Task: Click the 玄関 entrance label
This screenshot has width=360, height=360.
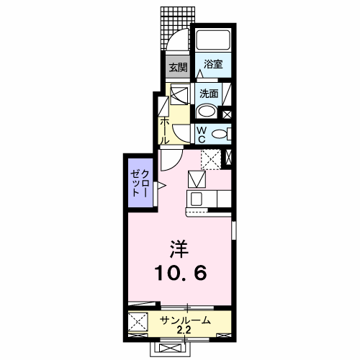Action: [x=177, y=68]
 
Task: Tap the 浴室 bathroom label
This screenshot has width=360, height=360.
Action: [x=212, y=64]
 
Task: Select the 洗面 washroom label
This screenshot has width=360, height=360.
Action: [x=210, y=93]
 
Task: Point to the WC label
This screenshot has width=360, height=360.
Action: [x=202, y=134]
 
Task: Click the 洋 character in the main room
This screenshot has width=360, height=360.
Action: [x=179, y=250]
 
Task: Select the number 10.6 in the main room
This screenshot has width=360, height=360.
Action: [x=181, y=274]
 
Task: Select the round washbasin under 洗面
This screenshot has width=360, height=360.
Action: [x=207, y=112]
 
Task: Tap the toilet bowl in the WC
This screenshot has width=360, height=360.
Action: [x=220, y=134]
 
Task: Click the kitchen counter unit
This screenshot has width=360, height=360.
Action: [x=209, y=198]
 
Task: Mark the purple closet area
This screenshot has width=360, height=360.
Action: [x=137, y=184]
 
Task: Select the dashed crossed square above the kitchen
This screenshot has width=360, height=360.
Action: [x=211, y=158]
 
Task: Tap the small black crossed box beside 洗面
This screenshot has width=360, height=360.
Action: [x=228, y=113]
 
